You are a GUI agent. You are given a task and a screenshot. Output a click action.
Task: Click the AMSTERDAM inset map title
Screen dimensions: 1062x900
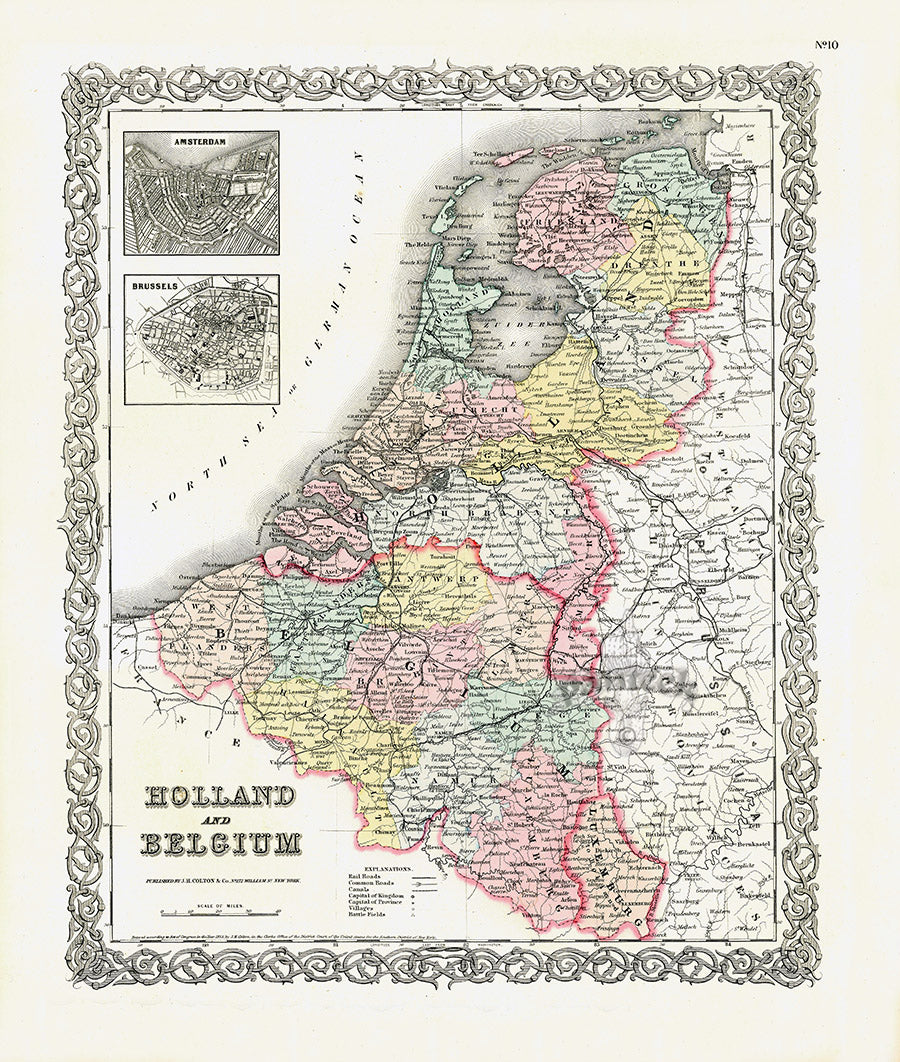[201, 142]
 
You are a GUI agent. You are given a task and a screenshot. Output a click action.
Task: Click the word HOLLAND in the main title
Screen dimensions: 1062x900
[221, 796]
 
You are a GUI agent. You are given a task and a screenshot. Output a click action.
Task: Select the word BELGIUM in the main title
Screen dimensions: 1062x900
[221, 843]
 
